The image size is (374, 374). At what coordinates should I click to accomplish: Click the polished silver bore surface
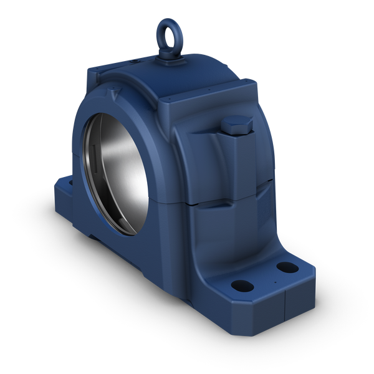coord(122,181)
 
